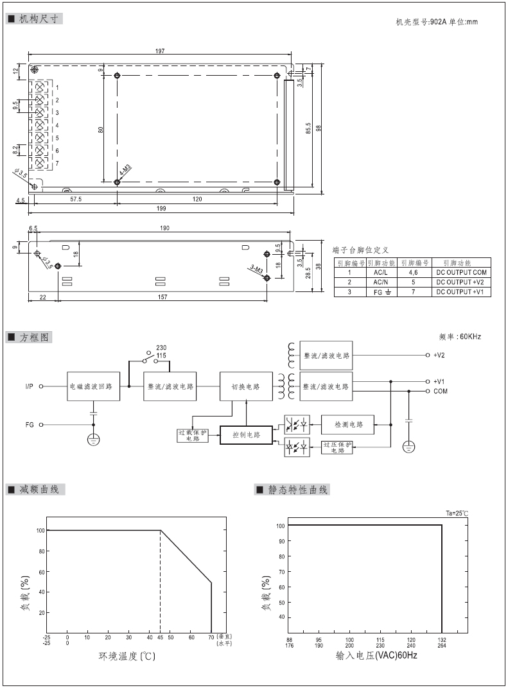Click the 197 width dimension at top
160,51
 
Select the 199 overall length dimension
161,209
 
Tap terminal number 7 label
57,163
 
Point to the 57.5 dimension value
76,199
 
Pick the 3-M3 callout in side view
256,269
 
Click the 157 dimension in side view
162,297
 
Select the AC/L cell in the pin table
381,273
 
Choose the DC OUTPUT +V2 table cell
460,282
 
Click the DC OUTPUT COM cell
461,273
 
